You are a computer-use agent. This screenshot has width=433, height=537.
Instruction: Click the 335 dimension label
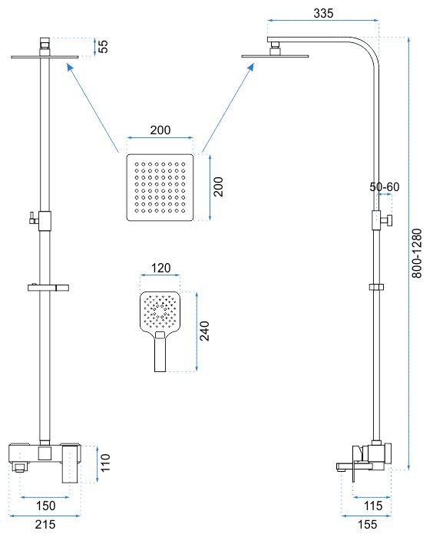click(x=323, y=13)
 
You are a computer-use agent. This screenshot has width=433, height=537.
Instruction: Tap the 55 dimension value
click(x=103, y=46)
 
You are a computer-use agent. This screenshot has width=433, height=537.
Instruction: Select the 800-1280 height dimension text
click(x=417, y=253)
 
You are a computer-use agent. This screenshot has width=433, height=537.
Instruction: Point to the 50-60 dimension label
click(x=385, y=187)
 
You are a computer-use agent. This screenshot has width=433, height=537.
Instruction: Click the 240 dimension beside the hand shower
click(x=205, y=331)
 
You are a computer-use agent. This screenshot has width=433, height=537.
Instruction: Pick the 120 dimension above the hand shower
click(x=160, y=268)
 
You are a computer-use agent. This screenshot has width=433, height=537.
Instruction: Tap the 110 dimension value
click(x=105, y=463)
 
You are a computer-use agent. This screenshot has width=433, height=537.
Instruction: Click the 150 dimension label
click(x=45, y=506)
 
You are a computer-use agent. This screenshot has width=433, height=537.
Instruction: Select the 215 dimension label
click(x=45, y=524)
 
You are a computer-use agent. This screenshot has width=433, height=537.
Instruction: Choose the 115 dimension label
click(x=372, y=506)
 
